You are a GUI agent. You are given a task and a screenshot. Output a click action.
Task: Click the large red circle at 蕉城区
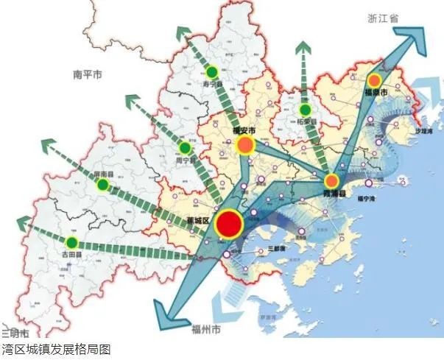pyautogui.click(x=229, y=225)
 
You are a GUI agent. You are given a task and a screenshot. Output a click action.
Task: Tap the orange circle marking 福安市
pyautogui.click(x=244, y=146)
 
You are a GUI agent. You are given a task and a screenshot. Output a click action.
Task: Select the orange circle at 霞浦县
pyautogui.click(x=332, y=180)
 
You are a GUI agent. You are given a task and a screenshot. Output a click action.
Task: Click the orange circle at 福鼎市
pyautogui.click(x=374, y=80)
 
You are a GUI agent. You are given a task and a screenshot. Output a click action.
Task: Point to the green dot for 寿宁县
pyautogui.click(x=212, y=72)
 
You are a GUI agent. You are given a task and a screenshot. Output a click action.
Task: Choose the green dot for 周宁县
pyautogui.click(x=185, y=148)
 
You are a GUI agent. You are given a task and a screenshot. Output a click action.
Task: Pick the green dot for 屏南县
pyautogui.click(x=103, y=184)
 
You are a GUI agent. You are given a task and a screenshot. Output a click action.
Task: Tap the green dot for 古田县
pyautogui.click(x=71, y=242)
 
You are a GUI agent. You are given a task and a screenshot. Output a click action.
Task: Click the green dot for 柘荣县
pyautogui.click(x=305, y=110)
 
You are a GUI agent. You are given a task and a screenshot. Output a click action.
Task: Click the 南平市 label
pyautogui.click(x=87, y=75)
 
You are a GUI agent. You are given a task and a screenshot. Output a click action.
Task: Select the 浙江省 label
pyautogui.click(x=383, y=20)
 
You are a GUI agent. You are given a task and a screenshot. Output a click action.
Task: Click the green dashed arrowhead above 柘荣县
pyautogui.click(x=303, y=50)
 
